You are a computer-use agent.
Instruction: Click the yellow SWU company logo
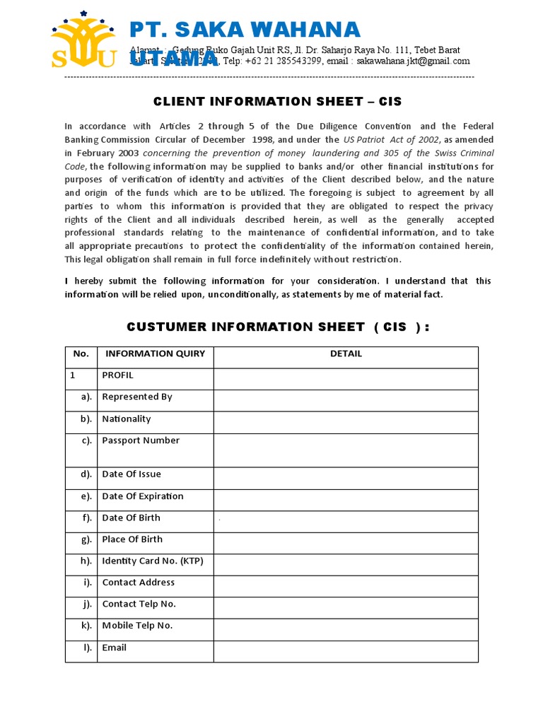83,40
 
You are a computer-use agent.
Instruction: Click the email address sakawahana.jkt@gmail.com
413,61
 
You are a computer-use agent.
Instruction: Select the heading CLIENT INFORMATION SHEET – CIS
277,102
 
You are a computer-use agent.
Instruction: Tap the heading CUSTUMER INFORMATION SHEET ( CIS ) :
278,327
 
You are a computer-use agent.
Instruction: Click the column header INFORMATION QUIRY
155,354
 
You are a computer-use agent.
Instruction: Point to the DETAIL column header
346,354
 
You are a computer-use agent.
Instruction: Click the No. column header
81,354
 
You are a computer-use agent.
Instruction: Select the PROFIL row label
117,375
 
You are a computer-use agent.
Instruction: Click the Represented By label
137,397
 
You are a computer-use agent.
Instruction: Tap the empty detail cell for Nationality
346,422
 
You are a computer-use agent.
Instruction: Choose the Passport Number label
141,440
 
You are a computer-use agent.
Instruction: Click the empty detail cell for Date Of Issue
346,478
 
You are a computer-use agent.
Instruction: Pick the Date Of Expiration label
143,496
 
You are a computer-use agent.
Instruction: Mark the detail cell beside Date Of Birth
346,522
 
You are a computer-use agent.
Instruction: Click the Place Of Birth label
132,539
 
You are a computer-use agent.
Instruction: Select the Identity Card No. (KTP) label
153,561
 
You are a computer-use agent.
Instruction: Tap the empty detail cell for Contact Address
346,586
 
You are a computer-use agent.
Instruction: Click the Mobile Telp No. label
137,626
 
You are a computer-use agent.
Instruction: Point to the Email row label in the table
115,648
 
